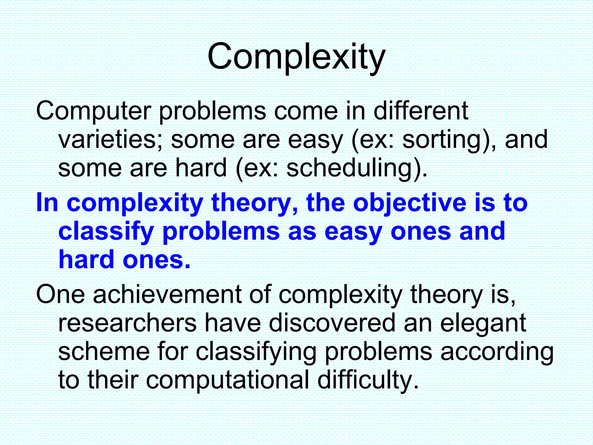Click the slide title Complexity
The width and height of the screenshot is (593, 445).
pos(296,56)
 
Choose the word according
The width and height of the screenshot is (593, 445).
pos(497,352)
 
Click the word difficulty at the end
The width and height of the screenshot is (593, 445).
pos(368,380)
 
